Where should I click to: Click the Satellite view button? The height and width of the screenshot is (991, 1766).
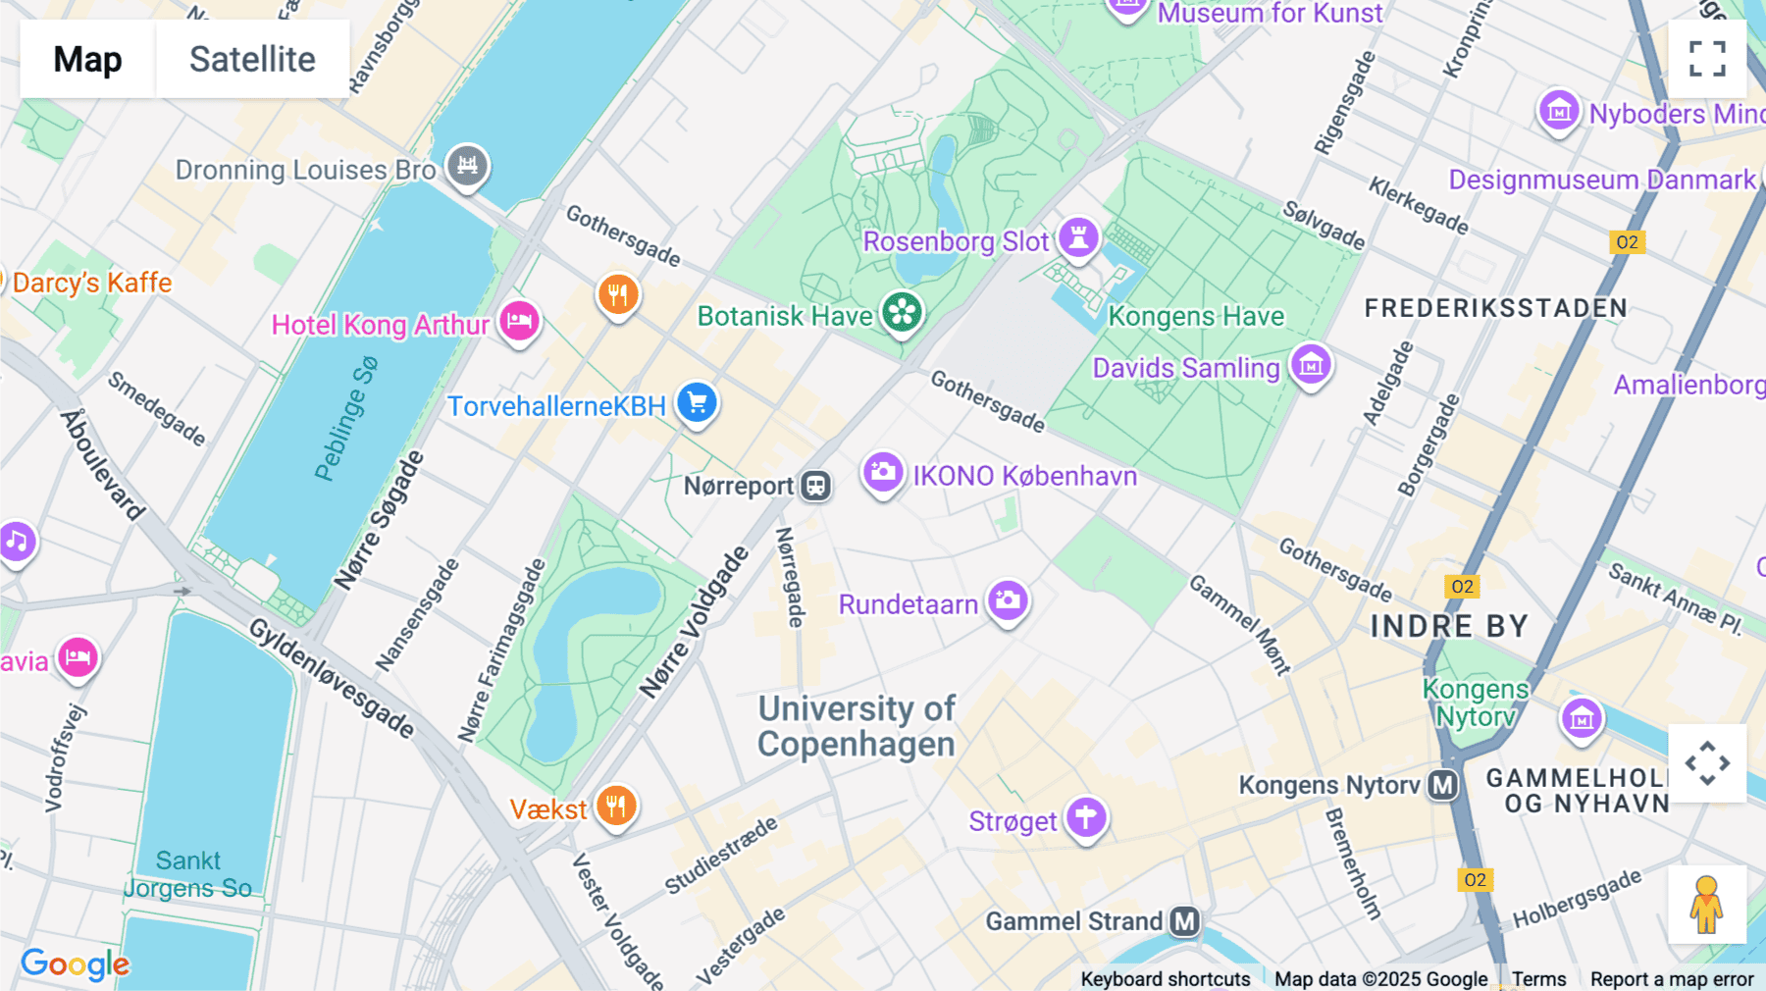point(252,59)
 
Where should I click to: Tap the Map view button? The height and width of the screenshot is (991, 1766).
point(87,59)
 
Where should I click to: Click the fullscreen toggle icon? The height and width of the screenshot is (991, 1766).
point(1707,59)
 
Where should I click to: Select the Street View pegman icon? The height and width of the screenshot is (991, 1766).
point(1706,904)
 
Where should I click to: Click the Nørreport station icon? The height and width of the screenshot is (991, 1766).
point(815,485)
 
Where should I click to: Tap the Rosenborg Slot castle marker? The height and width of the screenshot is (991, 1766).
point(1078,237)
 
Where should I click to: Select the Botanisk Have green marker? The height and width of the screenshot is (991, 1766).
point(902,313)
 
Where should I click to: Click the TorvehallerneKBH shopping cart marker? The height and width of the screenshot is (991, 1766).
point(697,402)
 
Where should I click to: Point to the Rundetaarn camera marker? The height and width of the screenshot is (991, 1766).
point(1008,600)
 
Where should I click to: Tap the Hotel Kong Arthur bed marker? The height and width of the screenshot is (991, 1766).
point(519,320)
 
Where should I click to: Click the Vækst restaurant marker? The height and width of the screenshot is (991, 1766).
point(616,806)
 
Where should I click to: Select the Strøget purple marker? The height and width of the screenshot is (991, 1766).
point(1086,816)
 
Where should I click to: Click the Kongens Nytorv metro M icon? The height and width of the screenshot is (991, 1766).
point(1442,785)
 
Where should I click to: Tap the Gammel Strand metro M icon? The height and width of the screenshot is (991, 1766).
point(1185,921)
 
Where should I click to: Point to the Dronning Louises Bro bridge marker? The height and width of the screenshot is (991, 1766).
point(467,165)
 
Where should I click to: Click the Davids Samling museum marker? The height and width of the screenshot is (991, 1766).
point(1311,364)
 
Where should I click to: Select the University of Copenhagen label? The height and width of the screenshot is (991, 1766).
point(856,726)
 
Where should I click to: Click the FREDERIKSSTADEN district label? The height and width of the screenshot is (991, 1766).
point(1495,308)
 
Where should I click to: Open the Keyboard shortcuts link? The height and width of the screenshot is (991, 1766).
point(1165,978)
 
